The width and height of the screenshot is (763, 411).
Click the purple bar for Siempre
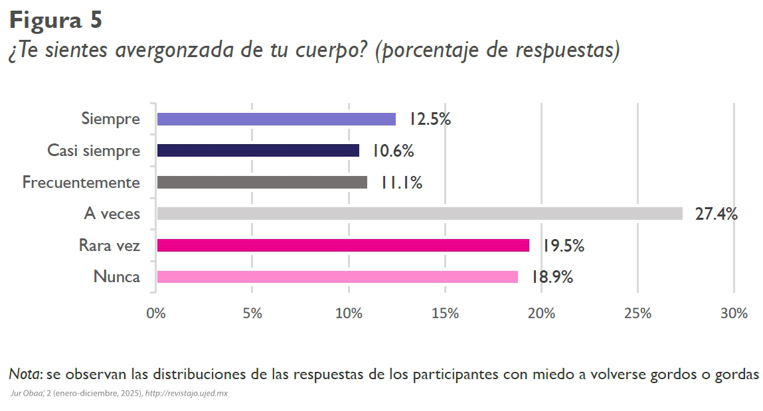click(276, 119)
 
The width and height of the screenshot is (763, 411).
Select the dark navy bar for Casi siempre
click(258, 151)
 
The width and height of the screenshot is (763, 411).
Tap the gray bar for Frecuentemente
click(262, 182)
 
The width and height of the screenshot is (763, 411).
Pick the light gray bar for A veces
click(420, 214)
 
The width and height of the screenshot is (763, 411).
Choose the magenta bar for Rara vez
click(343, 246)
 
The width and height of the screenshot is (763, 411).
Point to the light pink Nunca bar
click(337, 277)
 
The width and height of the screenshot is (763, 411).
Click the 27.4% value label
click(716, 214)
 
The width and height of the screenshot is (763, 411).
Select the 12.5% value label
click(430, 120)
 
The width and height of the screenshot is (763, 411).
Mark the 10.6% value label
click(392, 151)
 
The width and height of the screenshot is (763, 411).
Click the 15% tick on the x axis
click(445, 313)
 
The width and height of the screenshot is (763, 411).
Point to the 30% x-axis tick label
click(733, 313)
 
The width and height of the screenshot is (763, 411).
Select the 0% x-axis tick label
click(155, 313)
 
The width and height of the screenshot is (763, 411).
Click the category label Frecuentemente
click(81, 183)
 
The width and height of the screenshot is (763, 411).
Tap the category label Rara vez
click(110, 246)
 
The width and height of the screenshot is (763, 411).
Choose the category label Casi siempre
click(94, 151)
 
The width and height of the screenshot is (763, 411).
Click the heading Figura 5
click(56, 20)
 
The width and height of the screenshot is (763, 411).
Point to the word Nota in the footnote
click(24, 374)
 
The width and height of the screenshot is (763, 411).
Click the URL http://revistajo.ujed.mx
click(187, 393)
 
